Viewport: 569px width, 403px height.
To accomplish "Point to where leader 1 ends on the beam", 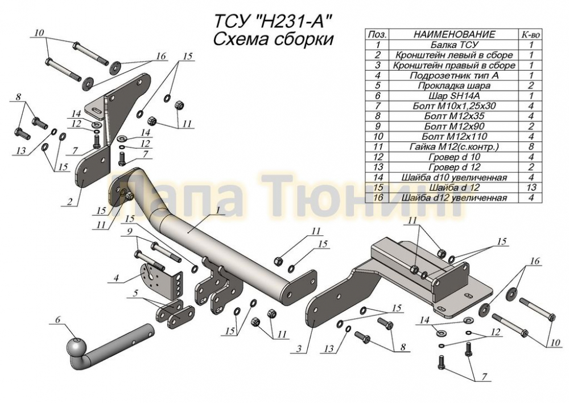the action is coord(188,231).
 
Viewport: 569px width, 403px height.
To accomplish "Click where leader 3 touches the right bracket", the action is coord(313,320).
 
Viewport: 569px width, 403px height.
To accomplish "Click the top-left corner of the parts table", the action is coord(365,29).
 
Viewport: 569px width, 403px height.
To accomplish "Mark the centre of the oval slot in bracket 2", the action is coord(96,110).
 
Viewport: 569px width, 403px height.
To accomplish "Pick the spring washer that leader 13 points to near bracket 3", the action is coord(347,329).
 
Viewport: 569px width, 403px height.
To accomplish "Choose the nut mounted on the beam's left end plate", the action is coord(129,196).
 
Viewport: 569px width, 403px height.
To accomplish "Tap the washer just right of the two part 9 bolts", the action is coord(195,269).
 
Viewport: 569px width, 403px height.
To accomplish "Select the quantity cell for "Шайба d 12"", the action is coord(531,188).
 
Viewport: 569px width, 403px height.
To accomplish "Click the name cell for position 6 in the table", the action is coord(453,96).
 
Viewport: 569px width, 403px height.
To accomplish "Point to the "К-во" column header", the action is coord(531,34).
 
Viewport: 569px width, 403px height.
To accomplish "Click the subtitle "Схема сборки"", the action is coord(273,39).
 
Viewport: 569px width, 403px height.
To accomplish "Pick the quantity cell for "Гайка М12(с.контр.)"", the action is coord(531,147).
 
